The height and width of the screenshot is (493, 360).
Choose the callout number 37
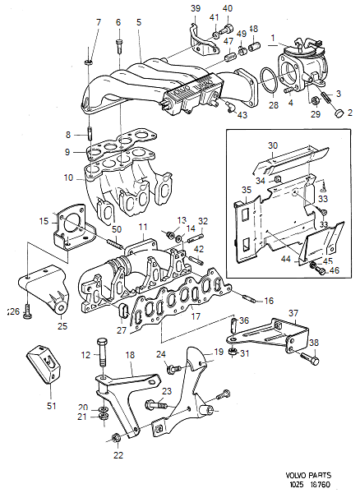pos(293,312)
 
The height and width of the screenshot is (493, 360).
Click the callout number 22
pos(118,455)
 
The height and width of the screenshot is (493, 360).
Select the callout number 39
pos(195,8)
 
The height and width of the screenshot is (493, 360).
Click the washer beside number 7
pos(88,60)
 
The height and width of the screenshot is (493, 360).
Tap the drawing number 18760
pos(332,485)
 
